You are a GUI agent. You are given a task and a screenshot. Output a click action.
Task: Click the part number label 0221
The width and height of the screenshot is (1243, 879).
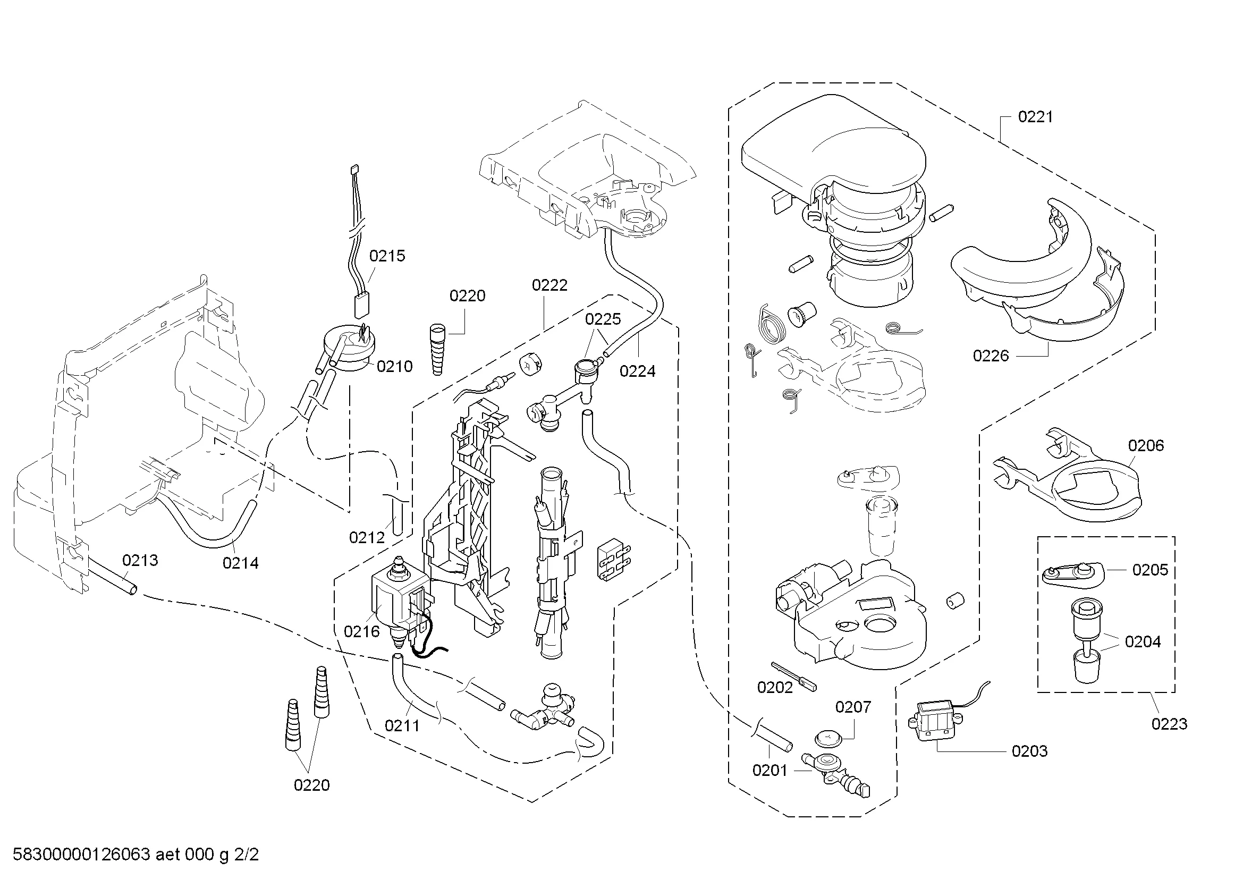click(x=1035, y=117)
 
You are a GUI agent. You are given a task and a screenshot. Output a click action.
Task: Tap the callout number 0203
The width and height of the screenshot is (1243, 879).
click(x=1030, y=751)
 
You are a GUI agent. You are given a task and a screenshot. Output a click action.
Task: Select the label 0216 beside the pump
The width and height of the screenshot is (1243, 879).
click(x=362, y=632)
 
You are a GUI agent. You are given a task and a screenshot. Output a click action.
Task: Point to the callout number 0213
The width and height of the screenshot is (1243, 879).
click(x=140, y=560)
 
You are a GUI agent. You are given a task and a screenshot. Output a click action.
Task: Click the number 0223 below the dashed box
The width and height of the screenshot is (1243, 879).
click(x=1169, y=724)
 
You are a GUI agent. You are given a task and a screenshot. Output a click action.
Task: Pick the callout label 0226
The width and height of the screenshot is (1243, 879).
click(x=991, y=356)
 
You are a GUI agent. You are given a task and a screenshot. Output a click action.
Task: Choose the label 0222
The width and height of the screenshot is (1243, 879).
click(x=549, y=285)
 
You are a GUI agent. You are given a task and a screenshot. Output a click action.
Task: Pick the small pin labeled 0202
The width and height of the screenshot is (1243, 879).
click(x=793, y=677)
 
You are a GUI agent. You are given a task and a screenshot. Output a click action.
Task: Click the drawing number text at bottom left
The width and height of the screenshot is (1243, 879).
click(x=136, y=855)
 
